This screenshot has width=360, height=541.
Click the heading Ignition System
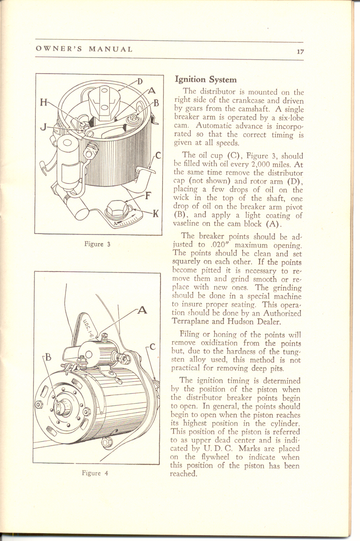(206, 80)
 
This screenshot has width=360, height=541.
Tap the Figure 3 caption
(97, 244)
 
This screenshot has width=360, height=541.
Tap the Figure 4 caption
(95, 473)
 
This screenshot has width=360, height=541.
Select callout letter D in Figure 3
(139, 82)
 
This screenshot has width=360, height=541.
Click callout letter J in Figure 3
(43, 127)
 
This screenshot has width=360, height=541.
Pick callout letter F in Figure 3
(147, 196)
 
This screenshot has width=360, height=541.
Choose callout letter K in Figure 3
(156, 214)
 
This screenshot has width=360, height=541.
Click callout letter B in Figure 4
(47, 357)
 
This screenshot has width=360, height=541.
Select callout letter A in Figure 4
(142, 310)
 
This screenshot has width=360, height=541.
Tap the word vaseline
(188, 224)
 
